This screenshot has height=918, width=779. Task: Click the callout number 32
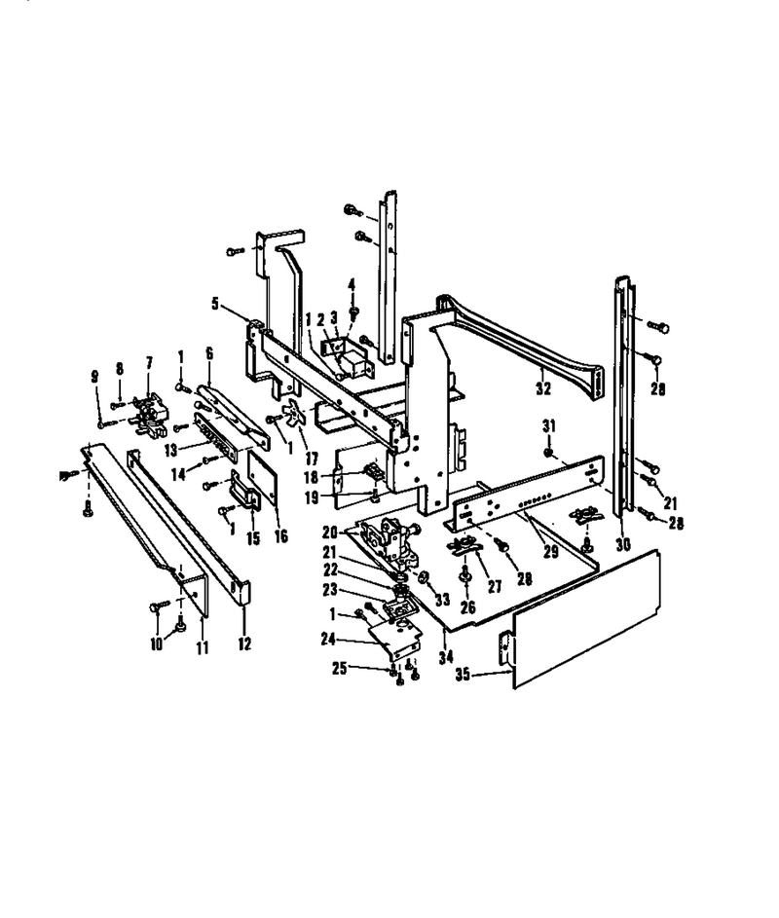(x=543, y=388)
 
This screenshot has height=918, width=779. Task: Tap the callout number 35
(x=463, y=675)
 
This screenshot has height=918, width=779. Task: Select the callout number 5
(x=215, y=305)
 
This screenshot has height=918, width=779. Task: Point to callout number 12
(x=244, y=644)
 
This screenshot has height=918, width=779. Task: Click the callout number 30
(x=623, y=544)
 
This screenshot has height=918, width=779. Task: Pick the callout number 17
(x=312, y=458)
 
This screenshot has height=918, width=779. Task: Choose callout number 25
(x=340, y=668)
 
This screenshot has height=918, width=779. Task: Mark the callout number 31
(x=548, y=426)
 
